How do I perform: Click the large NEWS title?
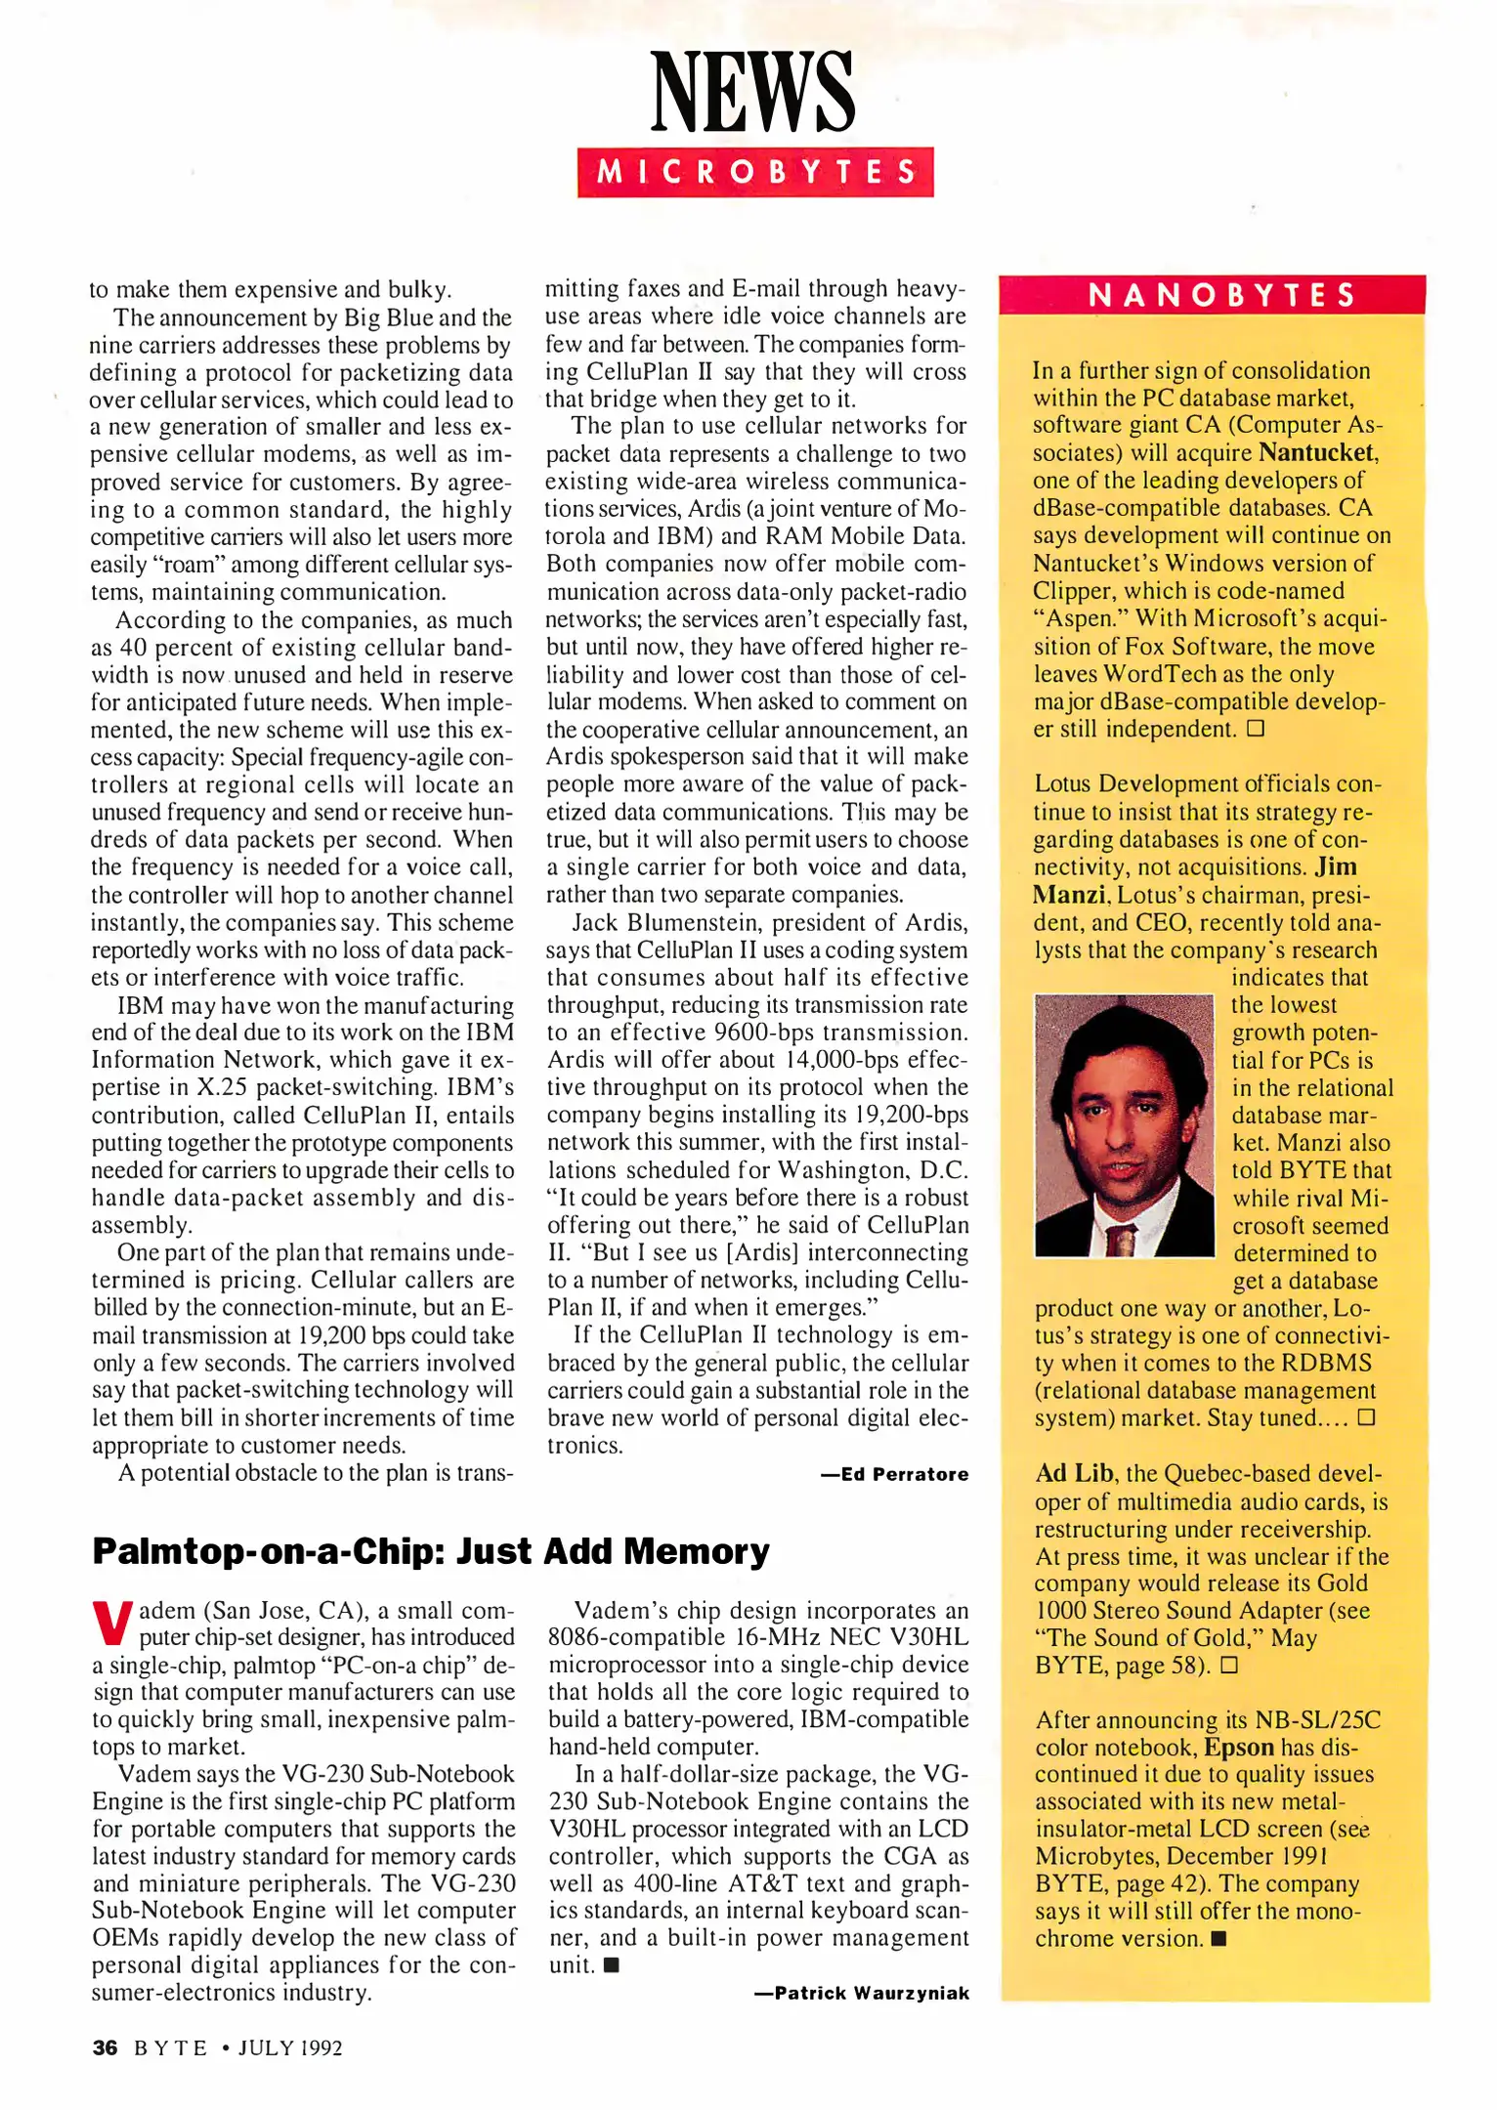(x=752, y=93)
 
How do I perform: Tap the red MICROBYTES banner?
(x=754, y=173)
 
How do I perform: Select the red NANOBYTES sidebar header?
(x=1212, y=295)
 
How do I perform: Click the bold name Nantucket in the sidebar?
(x=1316, y=452)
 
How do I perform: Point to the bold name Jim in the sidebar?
(x=1335, y=866)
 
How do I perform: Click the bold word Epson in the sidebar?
(x=1238, y=1747)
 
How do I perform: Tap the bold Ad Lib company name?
(x=1074, y=1473)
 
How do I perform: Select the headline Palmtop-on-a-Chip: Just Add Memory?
(x=430, y=1551)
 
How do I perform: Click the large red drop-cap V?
(x=111, y=1623)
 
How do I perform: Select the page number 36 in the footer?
(x=105, y=2047)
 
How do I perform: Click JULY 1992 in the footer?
(x=290, y=2047)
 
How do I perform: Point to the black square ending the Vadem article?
(x=612, y=1965)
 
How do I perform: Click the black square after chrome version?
(x=1218, y=1939)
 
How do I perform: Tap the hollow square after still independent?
(x=1256, y=729)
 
